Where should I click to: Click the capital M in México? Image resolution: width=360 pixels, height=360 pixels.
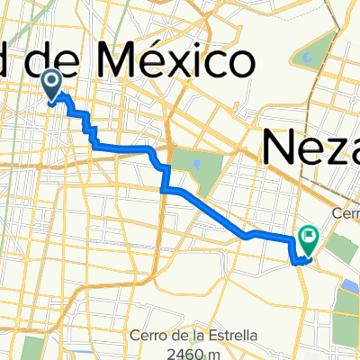[112, 62]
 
